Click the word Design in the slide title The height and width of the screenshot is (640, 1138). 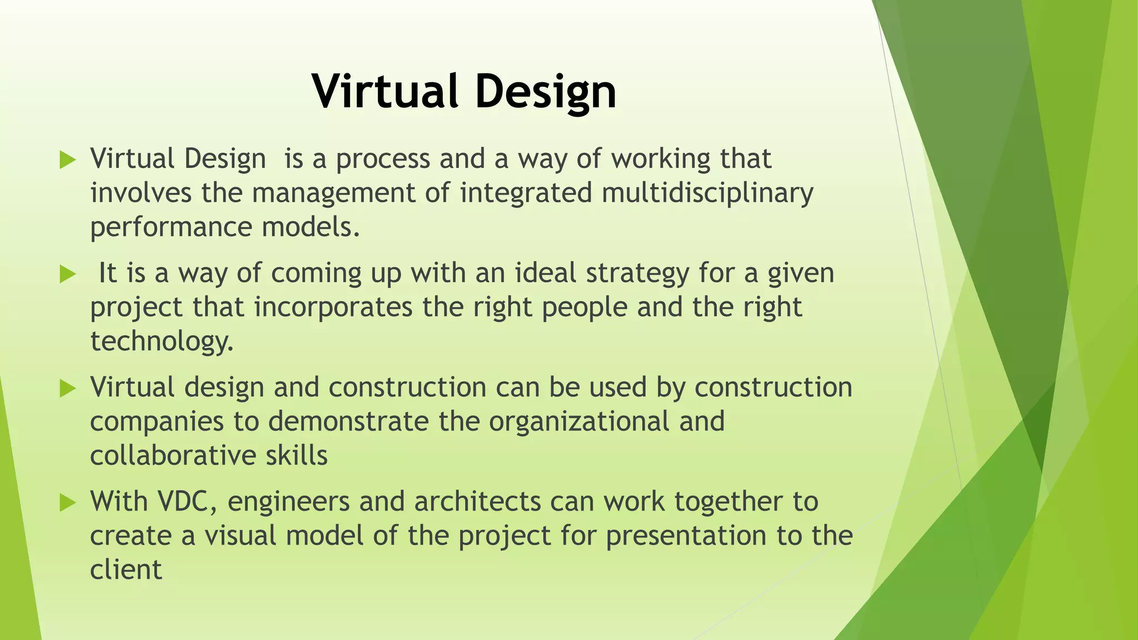(x=546, y=91)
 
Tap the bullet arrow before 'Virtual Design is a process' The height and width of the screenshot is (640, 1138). (x=67, y=161)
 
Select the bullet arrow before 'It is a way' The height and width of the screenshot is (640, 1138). (x=67, y=274)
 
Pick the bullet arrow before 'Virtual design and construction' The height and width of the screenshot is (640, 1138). (x=67, y=389)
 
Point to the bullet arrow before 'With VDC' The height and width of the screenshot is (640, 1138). (x=67, y=503)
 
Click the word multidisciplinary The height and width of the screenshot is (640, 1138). (x=707, y=194)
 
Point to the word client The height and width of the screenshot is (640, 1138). (x=126, y=571)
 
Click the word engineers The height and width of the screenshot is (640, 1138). (x=288, y=502)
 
